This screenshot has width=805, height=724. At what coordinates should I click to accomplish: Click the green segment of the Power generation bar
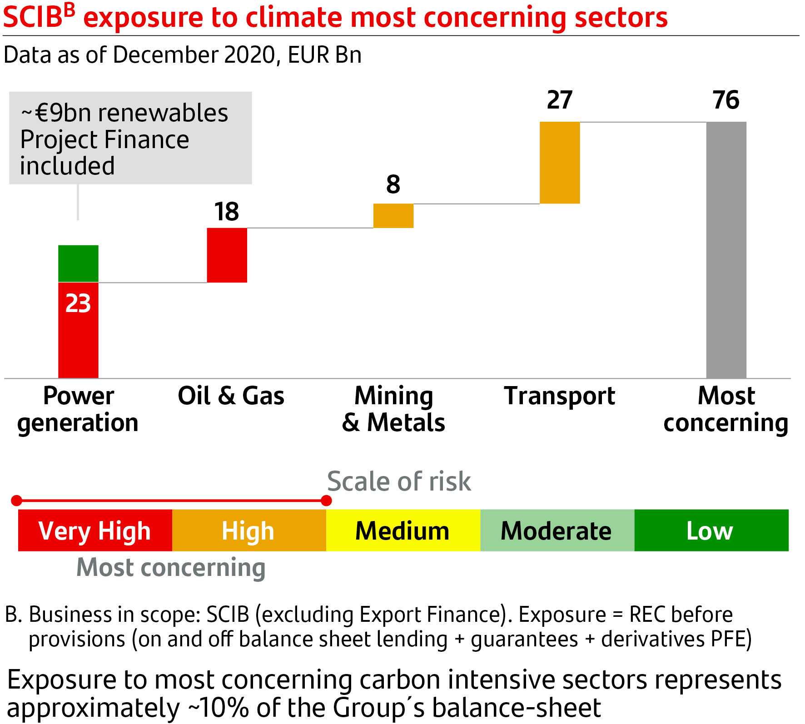[x=78, y=263]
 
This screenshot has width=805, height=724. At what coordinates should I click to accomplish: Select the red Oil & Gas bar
[x=227, y=255]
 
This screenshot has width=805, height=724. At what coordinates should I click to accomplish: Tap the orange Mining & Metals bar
[x=393, y=216]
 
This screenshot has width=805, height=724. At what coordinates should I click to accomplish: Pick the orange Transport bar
[x=560, y=163]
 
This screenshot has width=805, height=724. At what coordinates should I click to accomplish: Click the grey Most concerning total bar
[x=726, y=250]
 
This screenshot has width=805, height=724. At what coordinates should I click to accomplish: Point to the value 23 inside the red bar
[x=78, y=303]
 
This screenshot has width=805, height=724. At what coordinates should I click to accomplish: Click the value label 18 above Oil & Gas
[x=227, y=212]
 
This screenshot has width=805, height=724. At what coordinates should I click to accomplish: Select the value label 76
[x=726, y=100]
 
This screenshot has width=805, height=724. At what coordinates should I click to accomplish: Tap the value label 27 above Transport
[x=560, y=100]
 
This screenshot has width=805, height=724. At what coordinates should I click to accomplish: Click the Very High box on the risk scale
[x=95, y=531]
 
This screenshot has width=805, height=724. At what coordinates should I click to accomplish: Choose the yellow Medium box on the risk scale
[x=403, y=531]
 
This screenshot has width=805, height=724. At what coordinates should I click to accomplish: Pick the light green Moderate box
[x=557, y=531]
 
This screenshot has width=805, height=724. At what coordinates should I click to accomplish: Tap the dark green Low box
[x=711, y=531]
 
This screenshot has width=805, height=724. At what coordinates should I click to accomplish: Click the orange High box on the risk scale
[x=249, y=531]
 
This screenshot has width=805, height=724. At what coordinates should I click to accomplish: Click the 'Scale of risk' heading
[x=399, y=481]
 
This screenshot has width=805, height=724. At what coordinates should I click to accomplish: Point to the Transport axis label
[x=560, y=396]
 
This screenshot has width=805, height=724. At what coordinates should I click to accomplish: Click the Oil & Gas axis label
[x=231, y=396]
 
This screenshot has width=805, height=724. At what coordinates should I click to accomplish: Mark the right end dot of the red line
[x=326, y=501]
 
